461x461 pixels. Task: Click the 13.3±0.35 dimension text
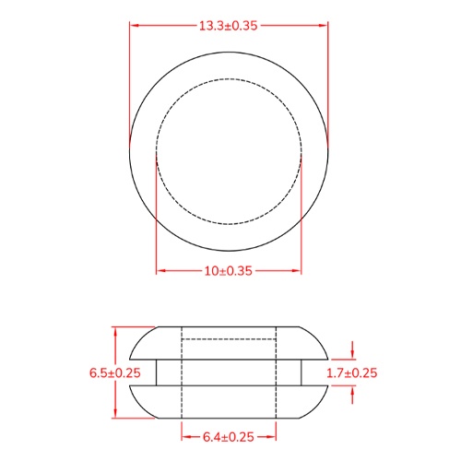point(229,25)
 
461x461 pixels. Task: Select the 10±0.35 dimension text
point(229,270)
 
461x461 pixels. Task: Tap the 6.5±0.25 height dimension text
point(114,372)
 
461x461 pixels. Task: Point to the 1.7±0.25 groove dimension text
point(353,372)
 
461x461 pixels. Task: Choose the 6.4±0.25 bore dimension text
point(229,436)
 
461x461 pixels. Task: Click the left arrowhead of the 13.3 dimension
point(135,25)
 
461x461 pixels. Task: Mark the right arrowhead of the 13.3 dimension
point(323,25)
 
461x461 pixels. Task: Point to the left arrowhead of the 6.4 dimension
point(185,436)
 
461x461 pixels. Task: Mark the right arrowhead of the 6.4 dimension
point(273,436)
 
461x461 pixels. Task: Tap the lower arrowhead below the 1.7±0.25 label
point(353,391)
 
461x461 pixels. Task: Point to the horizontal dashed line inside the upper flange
point(229,340)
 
